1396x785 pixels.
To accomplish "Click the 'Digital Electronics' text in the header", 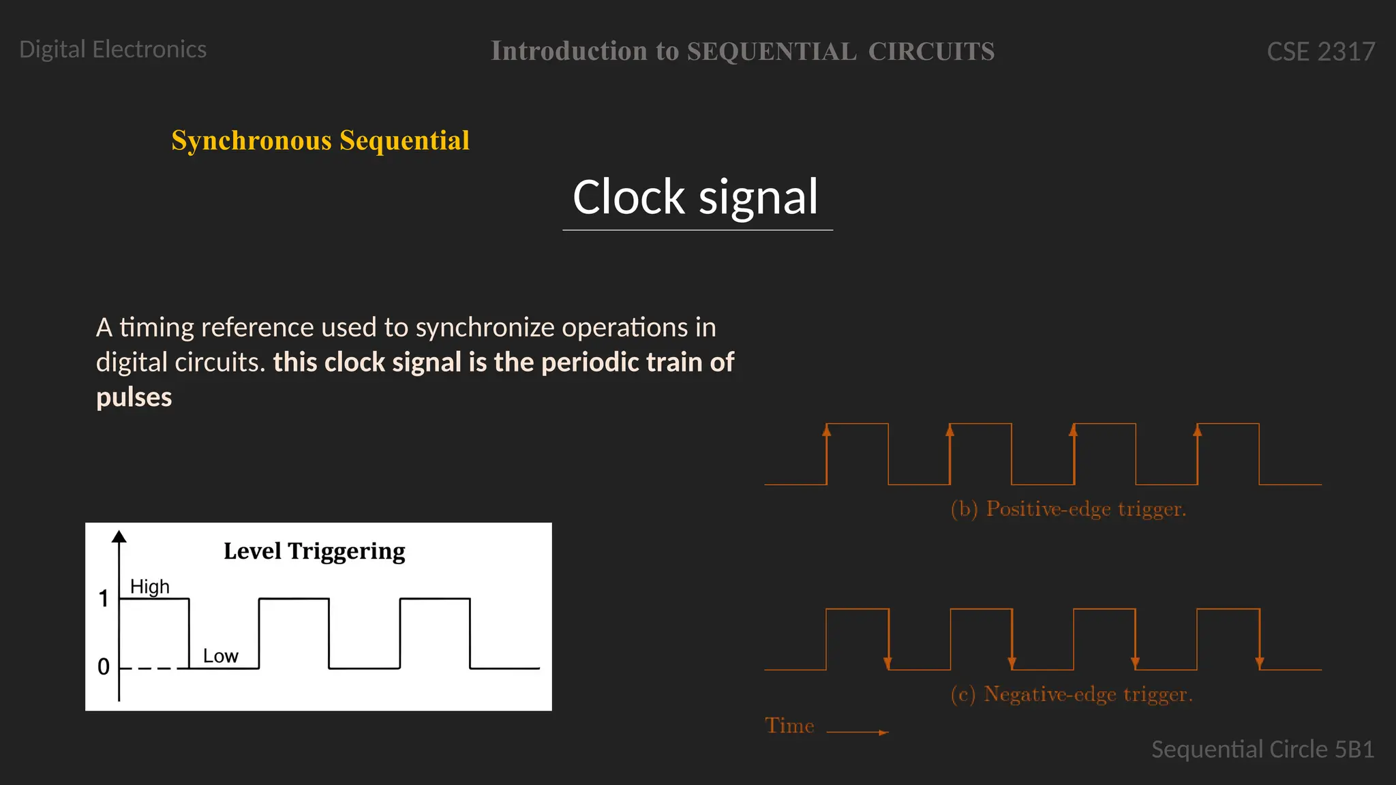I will coord(112,50).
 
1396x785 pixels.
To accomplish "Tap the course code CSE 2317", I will coord(1320,52).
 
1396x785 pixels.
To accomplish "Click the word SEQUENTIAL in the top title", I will coord(771,52).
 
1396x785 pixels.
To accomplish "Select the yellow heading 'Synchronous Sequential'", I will coord(320,141).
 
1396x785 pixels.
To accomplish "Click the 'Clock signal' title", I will coord(695,198).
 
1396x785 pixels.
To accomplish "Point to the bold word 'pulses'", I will coord(134,397).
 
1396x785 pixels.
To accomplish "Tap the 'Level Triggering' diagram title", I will coord(314,551).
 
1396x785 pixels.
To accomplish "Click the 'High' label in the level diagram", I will coord(149,587).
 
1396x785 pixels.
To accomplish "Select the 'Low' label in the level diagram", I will coord(220,656).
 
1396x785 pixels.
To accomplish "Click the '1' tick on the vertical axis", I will coord(104,599).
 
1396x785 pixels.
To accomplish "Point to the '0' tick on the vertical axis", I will coord(104,666).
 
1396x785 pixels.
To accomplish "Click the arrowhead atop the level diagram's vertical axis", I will coord(119,536).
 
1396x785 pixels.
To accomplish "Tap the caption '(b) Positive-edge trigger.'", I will coord(1068,509).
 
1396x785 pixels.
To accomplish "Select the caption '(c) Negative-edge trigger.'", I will coord(1071,694).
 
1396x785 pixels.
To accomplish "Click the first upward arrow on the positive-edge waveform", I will coord(827,431).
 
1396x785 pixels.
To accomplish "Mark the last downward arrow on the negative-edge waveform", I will coord(1259,662).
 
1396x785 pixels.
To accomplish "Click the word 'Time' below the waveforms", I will coord(789,726).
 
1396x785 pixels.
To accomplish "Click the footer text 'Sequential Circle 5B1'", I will coord(1262,750).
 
